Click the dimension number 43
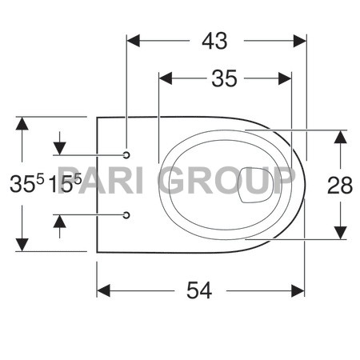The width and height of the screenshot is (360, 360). point(215,39)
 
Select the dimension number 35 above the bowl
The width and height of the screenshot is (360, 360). point(224,78)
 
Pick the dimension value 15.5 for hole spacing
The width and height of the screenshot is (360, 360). point(65,183)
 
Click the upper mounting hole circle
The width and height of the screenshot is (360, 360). point(127,153)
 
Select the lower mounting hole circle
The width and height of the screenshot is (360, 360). point(127,214)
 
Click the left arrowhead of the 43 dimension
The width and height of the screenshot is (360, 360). point(133,38)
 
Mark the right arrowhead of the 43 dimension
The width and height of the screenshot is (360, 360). point(301,38)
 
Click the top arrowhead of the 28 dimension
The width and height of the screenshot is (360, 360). point(340,135)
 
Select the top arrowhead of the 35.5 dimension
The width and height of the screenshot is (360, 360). point(24,122)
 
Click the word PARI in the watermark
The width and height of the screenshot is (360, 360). point(104,183)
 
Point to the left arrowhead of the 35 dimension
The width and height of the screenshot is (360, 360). point(166,78)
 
